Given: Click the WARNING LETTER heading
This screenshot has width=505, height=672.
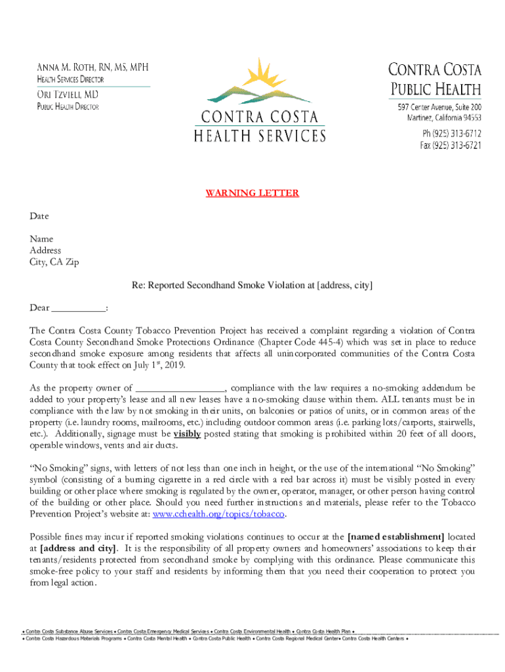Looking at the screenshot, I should pyautogui.click(x=252, y=193).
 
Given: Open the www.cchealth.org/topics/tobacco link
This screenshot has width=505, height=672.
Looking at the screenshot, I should pyautogui.click(x=218, y=514).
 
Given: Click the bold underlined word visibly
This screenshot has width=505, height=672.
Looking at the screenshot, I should pyautogui.click(x=186, y=434).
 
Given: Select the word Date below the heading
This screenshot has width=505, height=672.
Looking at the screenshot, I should pyautogui.click(x=39, y=216).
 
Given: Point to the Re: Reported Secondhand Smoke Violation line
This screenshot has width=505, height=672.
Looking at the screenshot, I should pyautogui.click(x=252, y=285).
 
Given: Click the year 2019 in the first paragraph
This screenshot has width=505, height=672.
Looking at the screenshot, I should pyautogui.click(x=174, y=366).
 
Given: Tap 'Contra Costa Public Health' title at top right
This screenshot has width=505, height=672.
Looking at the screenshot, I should pyautogui.click(x=435, y=79).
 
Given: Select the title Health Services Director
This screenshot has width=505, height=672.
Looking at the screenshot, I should pyautogui.click(x=70, y=79).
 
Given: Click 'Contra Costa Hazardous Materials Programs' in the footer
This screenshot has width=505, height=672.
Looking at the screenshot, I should pyautogui.click(x=72, y=638).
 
